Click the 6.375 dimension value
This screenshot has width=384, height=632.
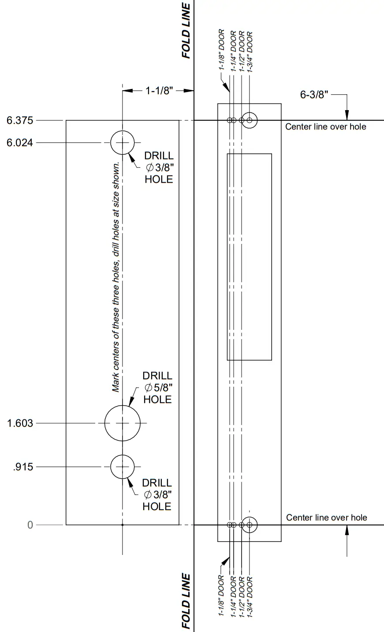pyautogui.click(x=20, y=120)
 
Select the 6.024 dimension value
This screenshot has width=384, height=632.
pyautogui.click(x=20, y=143)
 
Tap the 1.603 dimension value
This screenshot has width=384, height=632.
pyautogui.click(x=20, y=423)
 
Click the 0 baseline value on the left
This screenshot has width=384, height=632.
pyautogui.click(x=30, y=525)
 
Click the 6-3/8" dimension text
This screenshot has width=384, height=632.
pyautogui.click(x=314, y=95)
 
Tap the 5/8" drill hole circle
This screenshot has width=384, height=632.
pyautogui.click(x=122, y=423)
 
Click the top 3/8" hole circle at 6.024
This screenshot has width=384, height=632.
pyautogui.click(x=122, y=143)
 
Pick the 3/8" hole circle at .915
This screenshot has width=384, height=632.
pyautogui.click(x=122, y=466)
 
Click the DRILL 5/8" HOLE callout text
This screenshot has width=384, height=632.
pyautogui.click(x=157, y=388)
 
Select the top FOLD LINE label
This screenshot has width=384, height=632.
pyautogui.click(x=186, y=31)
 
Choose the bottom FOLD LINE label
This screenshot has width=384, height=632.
pyautogui.click(x=186, y=601)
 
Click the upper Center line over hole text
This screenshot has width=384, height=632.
pyautogui.click(x=325, y=127)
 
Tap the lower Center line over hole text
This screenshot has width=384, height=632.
pyautogui.click(x=326, y=517)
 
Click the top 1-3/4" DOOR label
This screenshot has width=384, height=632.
pyautogui.click(x=250, y=51)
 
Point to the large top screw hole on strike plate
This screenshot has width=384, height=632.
pyautogui.click(x=250, y=120)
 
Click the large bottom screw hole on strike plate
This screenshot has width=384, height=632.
pyautogui.click(x=250, y=525)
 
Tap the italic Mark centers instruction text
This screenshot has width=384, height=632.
pyautogui.click(x=116, y=277)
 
